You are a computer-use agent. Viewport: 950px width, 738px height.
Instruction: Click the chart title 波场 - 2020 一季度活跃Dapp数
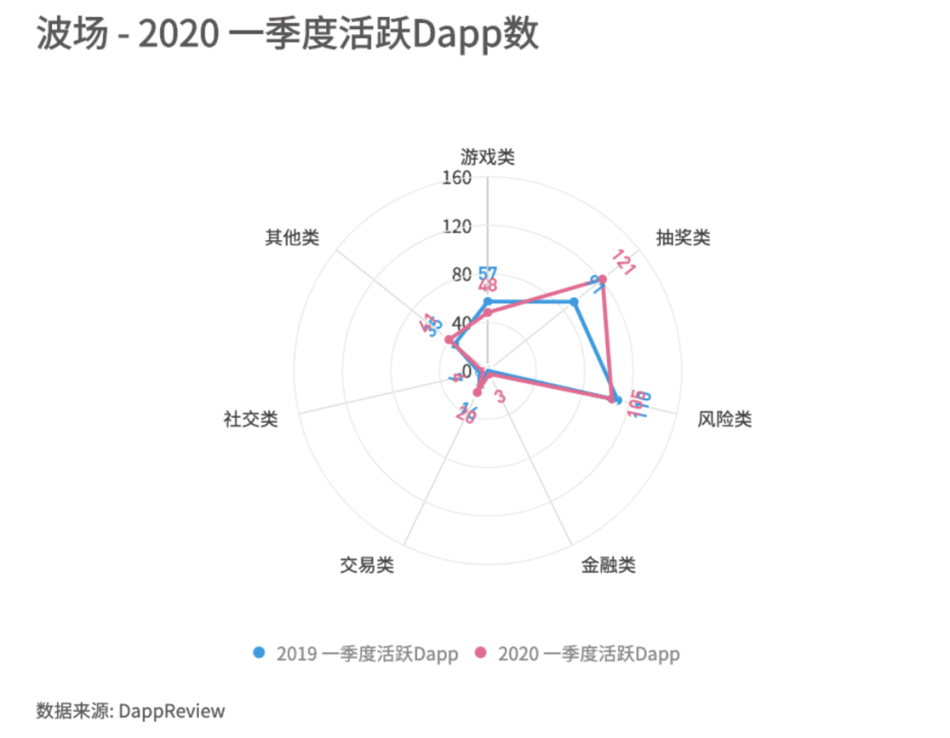pyautogui.click(x=287, y=36)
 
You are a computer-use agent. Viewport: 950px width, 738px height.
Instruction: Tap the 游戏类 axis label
pyautogui.click(x=487, y=157)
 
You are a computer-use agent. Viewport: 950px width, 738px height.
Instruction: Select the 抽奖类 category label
pyautogui.click(x=683, y=237)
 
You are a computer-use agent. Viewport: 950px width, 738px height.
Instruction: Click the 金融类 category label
pyautogui.click(x=608, y=565)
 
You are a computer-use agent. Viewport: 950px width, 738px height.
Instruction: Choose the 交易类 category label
pyautogui.click(x=367, y=565)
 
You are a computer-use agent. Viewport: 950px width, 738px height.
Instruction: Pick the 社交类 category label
pyautogui.click(x=251, y=419)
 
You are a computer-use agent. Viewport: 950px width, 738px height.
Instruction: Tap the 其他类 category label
pyautogui.click(x=292, y=237)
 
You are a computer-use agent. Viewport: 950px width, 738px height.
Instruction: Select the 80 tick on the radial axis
pyautogui.click(x=461, y=274)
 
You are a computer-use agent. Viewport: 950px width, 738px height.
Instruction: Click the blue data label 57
pyautogui.click(x=487, y=274)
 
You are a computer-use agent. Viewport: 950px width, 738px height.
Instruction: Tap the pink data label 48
pyautogui.click(x=487, y=287)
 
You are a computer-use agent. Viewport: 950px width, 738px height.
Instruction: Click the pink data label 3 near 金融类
pyautogui.click(x=500, y=397)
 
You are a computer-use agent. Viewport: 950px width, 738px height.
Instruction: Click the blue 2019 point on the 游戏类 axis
pyautogui.click(x=487, y=302)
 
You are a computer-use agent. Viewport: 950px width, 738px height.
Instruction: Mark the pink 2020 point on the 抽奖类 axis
pyautogui.click(x=603, y=280)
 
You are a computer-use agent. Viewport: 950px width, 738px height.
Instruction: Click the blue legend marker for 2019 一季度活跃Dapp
pyautogui.click(x=259, y=653)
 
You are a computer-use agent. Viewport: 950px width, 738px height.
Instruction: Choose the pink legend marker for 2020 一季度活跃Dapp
pyautogui.click(x=480, y=653)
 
